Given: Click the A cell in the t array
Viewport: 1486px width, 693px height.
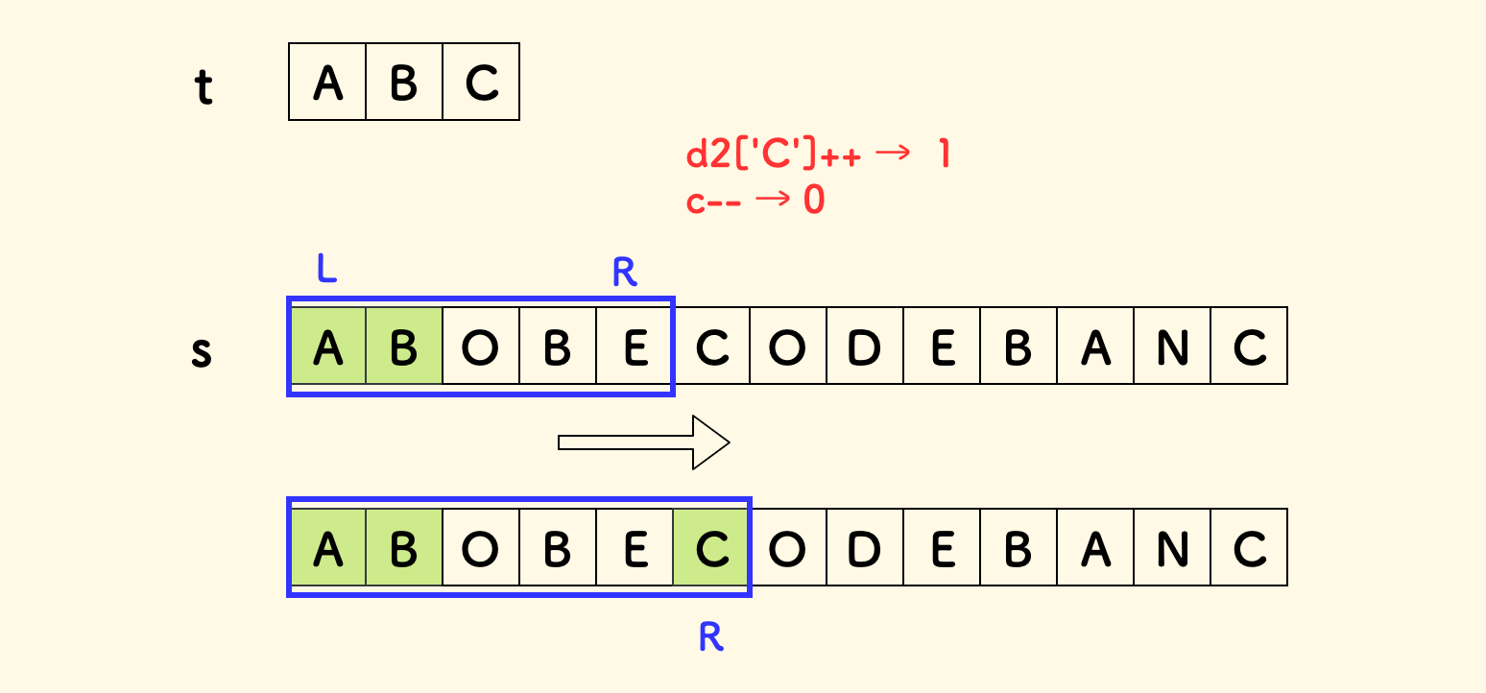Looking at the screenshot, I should pyautogui.click(x=327, y=83).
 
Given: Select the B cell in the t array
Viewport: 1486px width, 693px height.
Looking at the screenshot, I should pyautogui.click(x=404, y=83).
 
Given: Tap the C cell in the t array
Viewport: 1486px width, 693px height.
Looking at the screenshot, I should pyautogui.click(x=481, y=83).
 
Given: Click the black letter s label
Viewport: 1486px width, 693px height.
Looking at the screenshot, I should pyautogui.click(x=202, y=352).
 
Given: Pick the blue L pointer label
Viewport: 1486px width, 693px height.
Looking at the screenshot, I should pyautogui.click(x=326, y=270).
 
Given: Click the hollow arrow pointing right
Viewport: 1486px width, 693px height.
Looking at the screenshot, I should pyautogui.click(x=644, y=442).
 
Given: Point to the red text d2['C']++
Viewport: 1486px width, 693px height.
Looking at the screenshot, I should pyautogui.click(x=773, y=155).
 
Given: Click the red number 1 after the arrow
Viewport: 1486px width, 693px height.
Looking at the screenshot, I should pyautogui.click(x=942, y=155).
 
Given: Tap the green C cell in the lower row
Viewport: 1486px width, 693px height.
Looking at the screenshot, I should pyautogui.click(x=711, y=547).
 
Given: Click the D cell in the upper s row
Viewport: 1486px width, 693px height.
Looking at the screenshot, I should pyautogui.click(x=865, y=346).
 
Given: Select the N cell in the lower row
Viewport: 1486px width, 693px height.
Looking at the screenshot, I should pyautogui.click(x=1172, y=547).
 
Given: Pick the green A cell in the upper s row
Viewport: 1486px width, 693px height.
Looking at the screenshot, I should pyautogui.click(x=327, y=346).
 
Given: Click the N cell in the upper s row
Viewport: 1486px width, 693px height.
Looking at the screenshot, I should pyautogui.click(x=1172, y=346).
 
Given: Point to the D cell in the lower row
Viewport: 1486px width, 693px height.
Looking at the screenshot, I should pyautogui.click(x=865, y=547).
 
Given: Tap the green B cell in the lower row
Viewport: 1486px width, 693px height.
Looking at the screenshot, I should pyautogui.click(x=404, y=547).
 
